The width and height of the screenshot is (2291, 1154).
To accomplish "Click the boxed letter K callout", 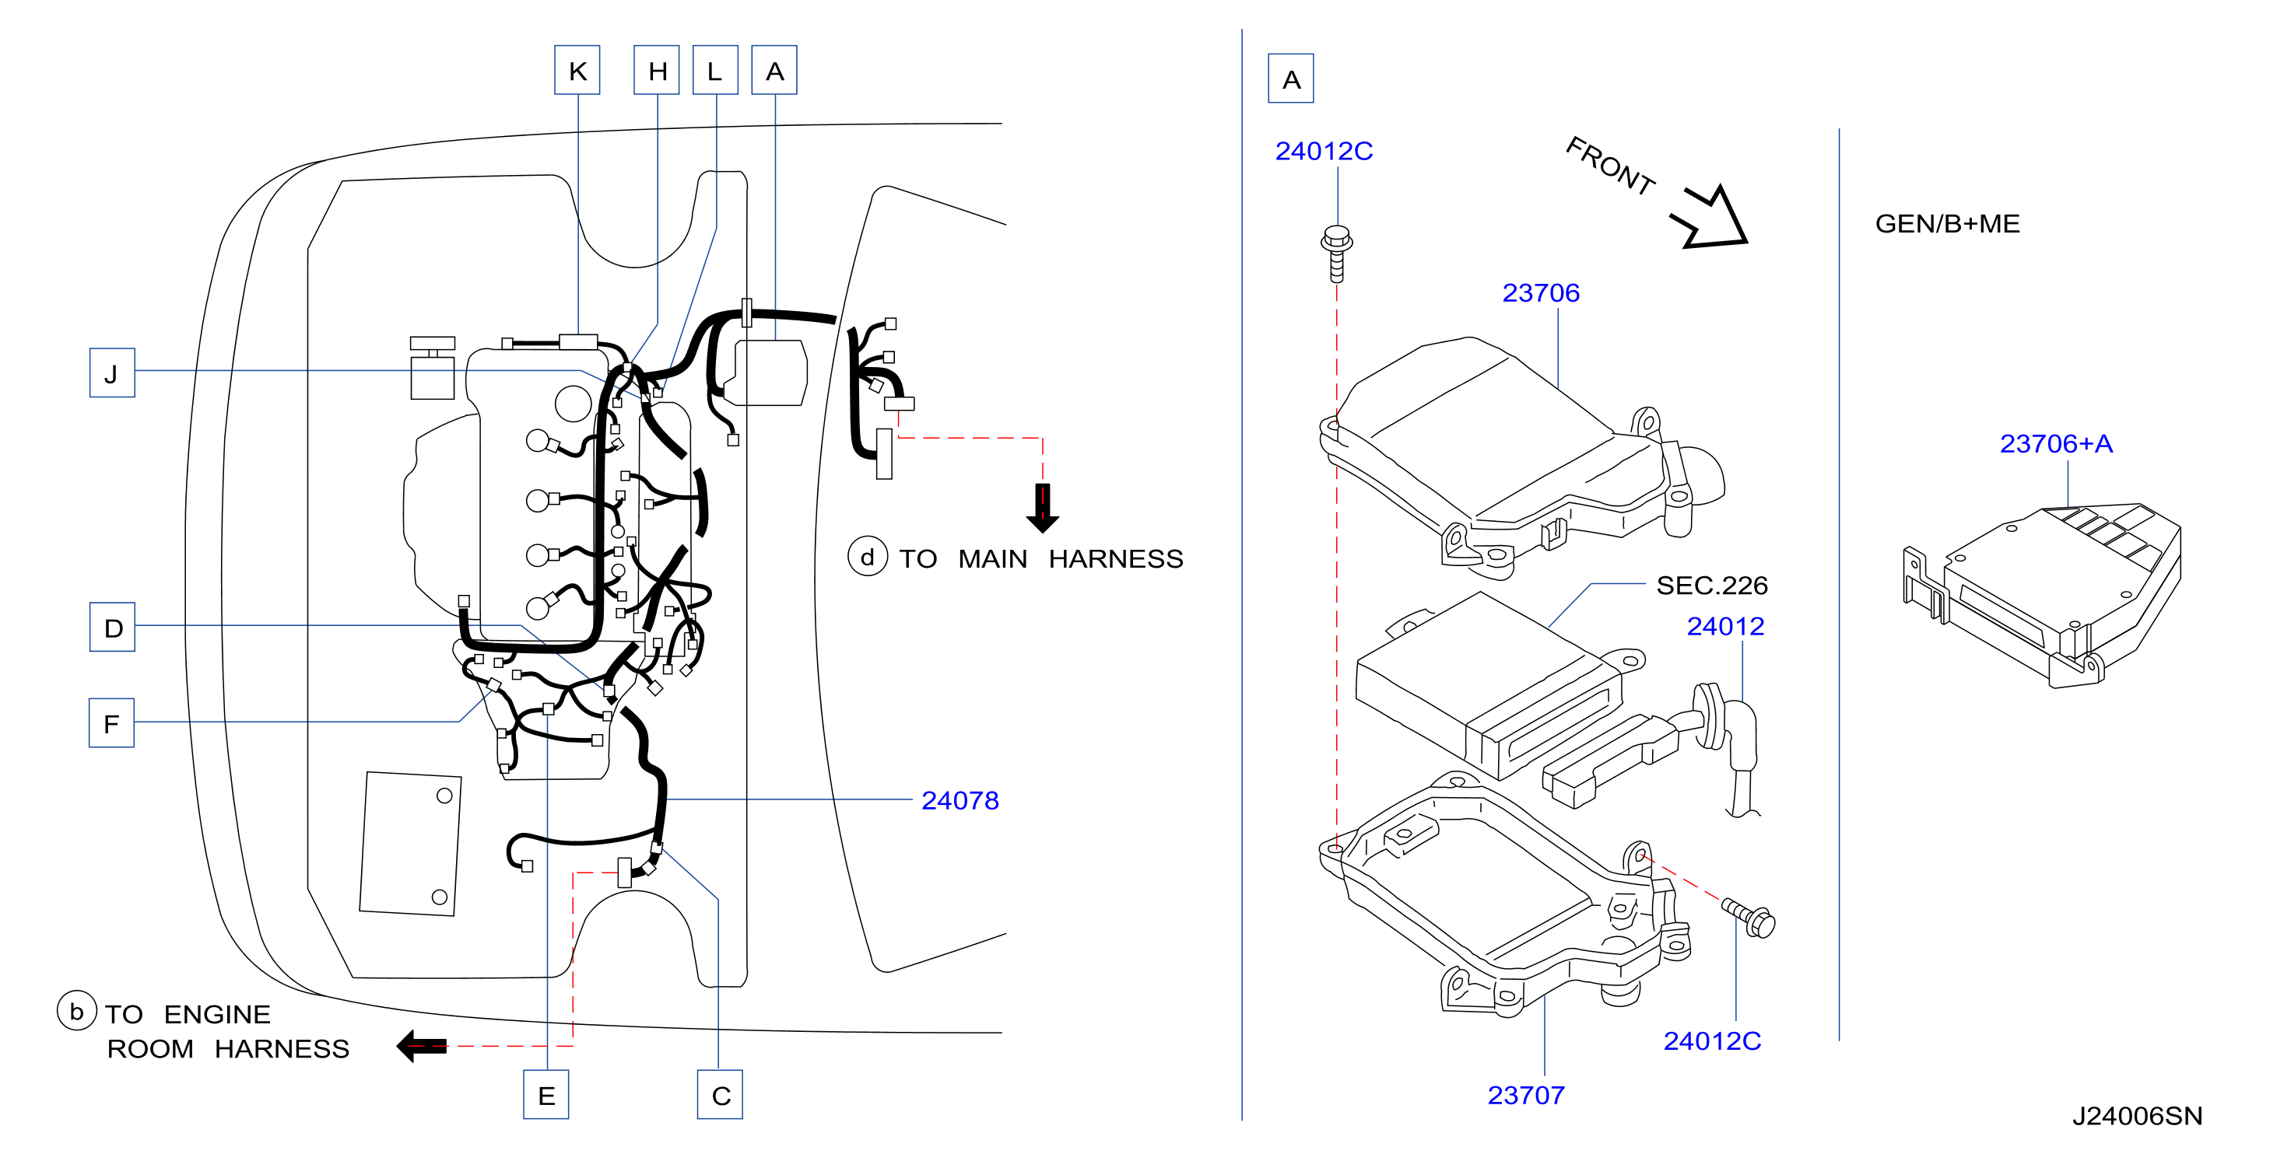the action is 577,70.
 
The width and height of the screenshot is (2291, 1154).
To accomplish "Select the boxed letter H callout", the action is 656,70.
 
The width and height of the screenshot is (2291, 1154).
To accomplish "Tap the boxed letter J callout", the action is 112,372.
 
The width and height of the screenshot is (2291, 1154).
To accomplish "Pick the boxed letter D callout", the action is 112,627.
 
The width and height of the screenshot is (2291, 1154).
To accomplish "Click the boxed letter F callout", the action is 111,723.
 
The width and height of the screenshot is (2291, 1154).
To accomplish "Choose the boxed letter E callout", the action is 546,1094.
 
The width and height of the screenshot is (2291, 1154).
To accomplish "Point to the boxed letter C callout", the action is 721,1094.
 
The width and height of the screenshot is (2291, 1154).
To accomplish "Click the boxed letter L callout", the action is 715,70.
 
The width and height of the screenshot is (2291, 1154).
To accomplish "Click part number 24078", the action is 960,800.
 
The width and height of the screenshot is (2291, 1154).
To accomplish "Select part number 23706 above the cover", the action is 1540,292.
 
